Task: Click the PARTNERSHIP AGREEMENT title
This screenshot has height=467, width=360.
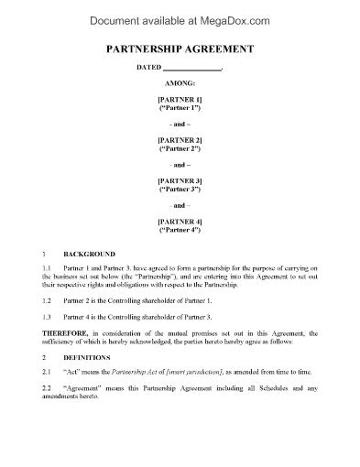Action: [x=180, y=49]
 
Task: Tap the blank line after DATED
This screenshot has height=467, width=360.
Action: [x=191, y=67]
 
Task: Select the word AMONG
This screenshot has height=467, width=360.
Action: [x=180, y=81]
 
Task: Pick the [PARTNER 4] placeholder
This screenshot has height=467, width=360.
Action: [x=180, y=222]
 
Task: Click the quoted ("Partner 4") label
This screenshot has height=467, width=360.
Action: [x=180, y=230]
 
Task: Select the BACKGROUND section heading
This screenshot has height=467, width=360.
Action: [x=89, y=253]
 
